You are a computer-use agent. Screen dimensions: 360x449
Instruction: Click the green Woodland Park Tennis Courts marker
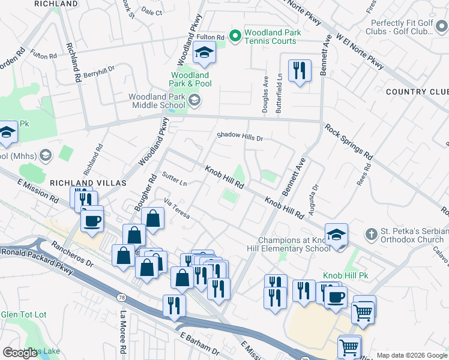tap(235, 36)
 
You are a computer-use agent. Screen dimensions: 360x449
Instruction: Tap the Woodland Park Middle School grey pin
tap(194, 100)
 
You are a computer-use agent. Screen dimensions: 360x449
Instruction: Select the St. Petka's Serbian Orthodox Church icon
tap(372, 233)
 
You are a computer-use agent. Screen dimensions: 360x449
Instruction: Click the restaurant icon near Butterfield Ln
tap(298, 71)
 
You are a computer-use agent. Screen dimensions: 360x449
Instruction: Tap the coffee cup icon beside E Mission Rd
tap(92, 220)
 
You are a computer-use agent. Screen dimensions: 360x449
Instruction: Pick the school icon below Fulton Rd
tap(204, 53)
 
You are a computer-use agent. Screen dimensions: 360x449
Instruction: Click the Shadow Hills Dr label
tap(240, 137)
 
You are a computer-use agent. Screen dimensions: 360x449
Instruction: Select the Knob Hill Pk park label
tap(345, 275)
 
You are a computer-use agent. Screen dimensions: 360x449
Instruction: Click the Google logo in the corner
tap(20, 353)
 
